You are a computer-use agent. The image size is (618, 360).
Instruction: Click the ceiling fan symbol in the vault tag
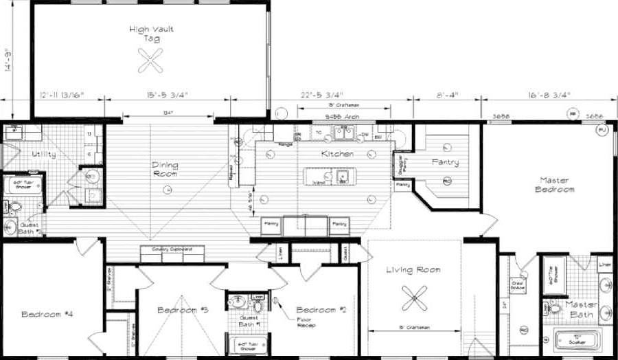coord(149,62)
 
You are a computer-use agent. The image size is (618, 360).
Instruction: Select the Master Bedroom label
coord(557,185)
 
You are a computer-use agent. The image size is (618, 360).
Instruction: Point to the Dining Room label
coord(165,169)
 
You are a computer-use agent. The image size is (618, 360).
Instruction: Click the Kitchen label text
coord(337,154)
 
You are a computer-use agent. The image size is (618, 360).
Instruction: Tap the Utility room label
coord(25,155)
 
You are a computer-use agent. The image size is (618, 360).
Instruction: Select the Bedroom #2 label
coord(320,310)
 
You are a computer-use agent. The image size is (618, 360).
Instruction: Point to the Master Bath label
coord(581,309)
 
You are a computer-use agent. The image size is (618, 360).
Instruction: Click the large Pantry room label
coord(444,163)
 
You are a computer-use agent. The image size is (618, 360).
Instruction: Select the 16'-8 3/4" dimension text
coord(549,94)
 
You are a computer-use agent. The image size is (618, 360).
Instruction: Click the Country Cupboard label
coord(173,249)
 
